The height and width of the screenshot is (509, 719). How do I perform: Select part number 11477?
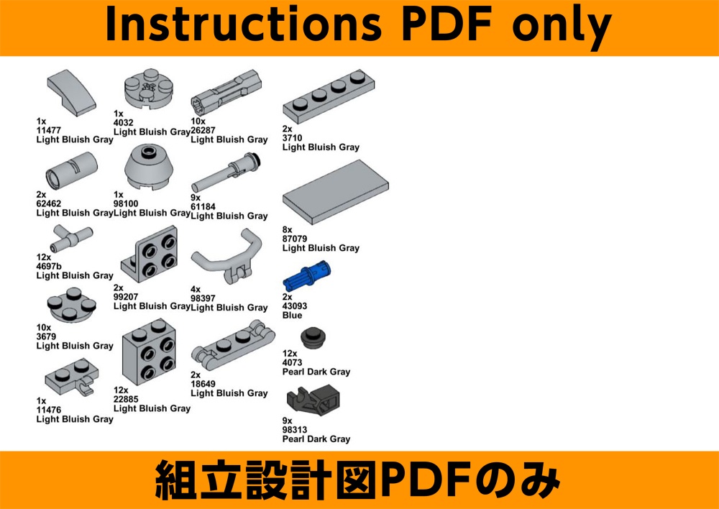(x=49, y=130)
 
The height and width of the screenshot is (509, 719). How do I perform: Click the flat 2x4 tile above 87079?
(x=335, y=192)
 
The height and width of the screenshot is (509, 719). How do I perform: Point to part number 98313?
(x=295, y=430)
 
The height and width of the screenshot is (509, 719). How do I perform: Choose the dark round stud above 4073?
(x=313, y=338)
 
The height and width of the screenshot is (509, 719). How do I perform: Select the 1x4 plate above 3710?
(x=329, y=96)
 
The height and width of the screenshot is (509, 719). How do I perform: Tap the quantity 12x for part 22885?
(x=121, y=390)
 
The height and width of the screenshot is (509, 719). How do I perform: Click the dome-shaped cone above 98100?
(x=149, y=167)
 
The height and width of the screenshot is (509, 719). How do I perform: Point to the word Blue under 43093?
(x=293, y=316)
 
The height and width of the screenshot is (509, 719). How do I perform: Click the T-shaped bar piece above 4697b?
(x=71, y=239)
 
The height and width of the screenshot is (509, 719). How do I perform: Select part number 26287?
(x=203, y=130)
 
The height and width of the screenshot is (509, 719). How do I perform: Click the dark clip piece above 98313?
(x=313, y=400)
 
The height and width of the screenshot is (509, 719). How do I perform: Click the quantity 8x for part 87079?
(x=288, y=230)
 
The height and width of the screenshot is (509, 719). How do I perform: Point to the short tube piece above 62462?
(x=71, y=170)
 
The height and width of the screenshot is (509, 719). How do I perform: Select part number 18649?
(x=203, y=384)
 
